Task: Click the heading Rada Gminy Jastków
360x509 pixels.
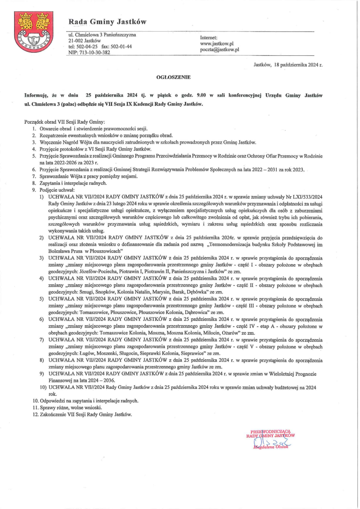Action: pos(107,22)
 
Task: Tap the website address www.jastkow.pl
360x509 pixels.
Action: pos(217,43)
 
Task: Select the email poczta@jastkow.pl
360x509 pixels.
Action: pos(220,50)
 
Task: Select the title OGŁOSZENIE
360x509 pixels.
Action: pos(173,77)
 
